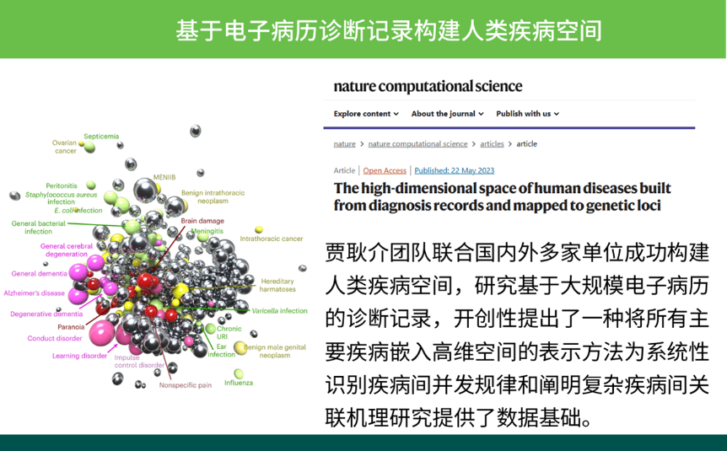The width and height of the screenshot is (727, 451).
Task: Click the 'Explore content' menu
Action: [366, 114]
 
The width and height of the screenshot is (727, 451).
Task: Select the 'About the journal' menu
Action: [448, 114]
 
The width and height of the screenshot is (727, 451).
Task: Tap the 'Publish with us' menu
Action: [528, 114]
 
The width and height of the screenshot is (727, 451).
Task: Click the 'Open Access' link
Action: [385, 170]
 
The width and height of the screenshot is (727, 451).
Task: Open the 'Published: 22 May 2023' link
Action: [455, 170]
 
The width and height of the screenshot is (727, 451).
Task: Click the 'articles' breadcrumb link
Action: [492, 144]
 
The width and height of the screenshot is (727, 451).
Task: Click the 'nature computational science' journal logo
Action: [428, 86]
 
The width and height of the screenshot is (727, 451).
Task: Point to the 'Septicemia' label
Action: [101, 137]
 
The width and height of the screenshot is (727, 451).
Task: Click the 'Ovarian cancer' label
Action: [64, 147]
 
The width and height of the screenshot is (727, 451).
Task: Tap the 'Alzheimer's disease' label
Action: [35, 293]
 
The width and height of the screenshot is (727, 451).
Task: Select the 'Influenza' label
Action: [239, 383]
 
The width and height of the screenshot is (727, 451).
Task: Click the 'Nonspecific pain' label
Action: [186, 385]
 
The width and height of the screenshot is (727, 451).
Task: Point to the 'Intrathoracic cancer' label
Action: [272, 239]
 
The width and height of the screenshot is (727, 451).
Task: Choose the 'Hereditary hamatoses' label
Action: [277, 285]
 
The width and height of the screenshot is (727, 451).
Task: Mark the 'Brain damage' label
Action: [202, 221]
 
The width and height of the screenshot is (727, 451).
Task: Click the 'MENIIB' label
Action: [164, 177]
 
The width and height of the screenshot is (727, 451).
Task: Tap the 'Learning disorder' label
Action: [79, 356]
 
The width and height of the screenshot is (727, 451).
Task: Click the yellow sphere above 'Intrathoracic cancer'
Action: [259, 229]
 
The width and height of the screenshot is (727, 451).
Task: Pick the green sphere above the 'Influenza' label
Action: [239, 373]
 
